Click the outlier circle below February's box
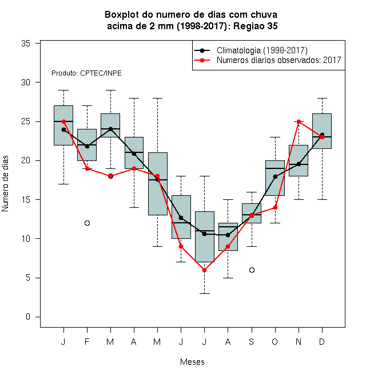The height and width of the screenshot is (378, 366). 87,223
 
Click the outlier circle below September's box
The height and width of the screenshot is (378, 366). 252,270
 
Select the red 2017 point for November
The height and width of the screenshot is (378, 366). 299,121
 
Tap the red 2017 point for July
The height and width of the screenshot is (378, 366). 204,270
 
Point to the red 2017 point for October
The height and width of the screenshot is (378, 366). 275,207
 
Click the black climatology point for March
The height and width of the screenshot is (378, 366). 110,129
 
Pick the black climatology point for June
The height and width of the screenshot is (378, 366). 181,218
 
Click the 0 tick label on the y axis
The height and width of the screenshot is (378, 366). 28,317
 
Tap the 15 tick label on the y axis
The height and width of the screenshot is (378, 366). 26,200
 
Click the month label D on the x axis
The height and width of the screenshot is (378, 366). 322,341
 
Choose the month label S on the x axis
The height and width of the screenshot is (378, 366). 252,341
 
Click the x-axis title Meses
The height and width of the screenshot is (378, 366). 192,362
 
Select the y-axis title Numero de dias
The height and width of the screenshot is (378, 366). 5,184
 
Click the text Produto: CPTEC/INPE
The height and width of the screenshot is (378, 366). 86,73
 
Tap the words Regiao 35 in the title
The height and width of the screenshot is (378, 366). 256,26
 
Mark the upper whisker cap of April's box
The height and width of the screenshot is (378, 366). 134,98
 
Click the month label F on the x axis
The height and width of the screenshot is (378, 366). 87,341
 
